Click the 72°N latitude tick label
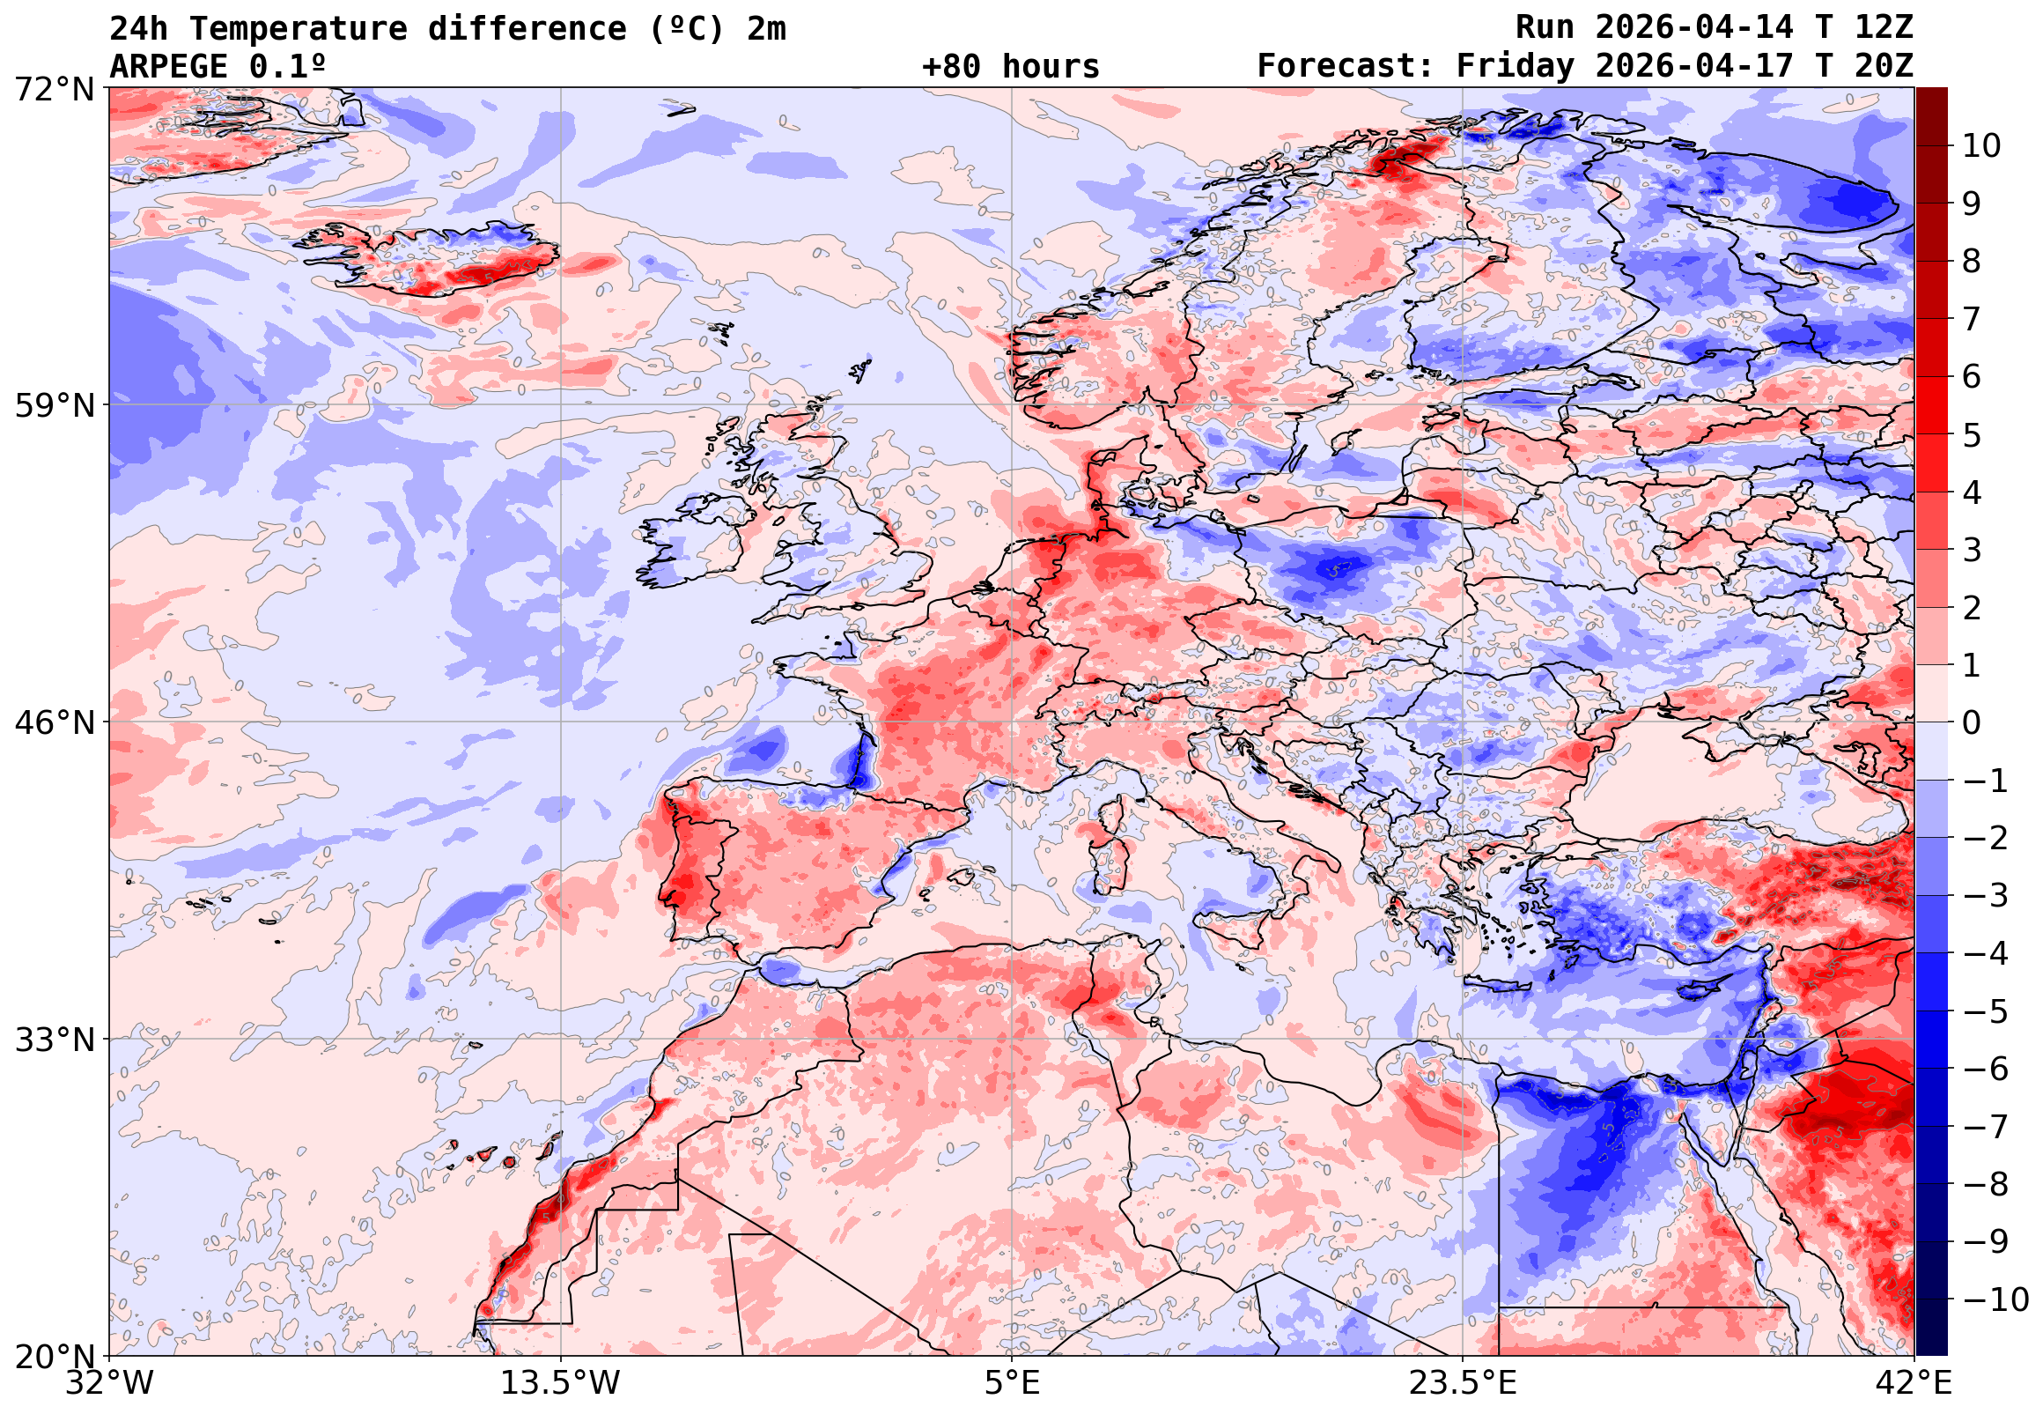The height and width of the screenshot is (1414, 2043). coord(54,90)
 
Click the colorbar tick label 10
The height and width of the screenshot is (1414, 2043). coord(1982,146)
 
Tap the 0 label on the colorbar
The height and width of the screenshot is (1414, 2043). coord(1973,723)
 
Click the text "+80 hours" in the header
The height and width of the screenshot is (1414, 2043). coord(1010,67)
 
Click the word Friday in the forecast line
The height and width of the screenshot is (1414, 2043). coord(1516,67)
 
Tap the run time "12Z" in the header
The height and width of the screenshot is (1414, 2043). coord(1884,28)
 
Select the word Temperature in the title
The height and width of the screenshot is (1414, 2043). coord(298,29)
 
